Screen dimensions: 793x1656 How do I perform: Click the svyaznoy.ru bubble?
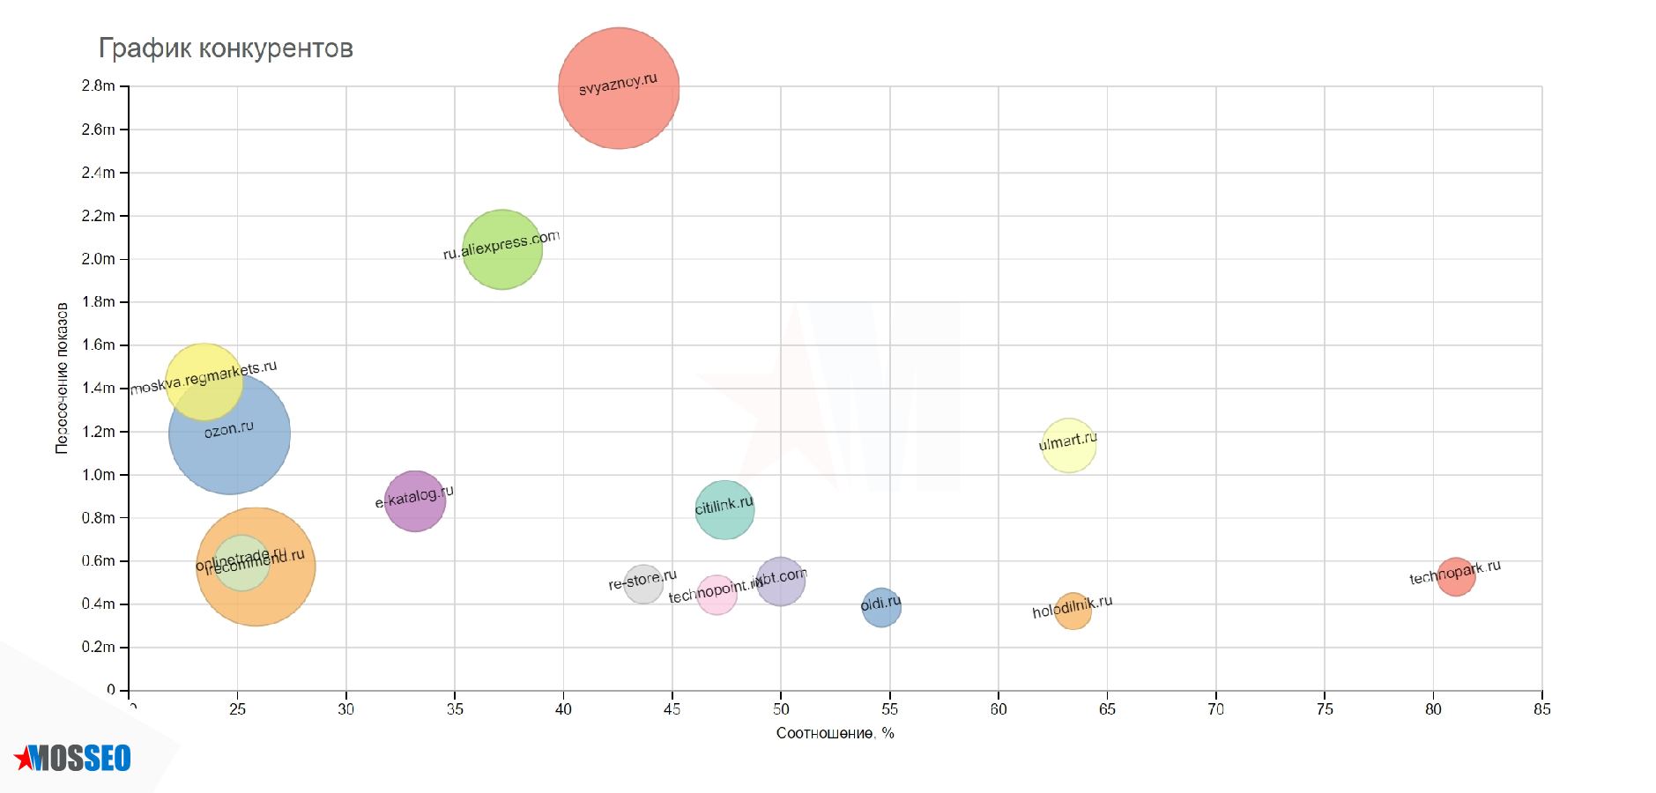[619, 88]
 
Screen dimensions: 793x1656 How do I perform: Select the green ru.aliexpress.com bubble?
[501, 249]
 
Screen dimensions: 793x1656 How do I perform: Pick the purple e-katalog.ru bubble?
[414, 501]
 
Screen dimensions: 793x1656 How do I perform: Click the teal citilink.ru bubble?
[724, 509]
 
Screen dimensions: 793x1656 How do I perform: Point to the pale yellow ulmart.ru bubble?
[1068, 446]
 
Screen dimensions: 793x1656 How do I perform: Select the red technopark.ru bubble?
[1455, 577]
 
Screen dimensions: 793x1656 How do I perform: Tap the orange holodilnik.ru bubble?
[1073, 611]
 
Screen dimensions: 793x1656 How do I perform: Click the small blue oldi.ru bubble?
[881, 608]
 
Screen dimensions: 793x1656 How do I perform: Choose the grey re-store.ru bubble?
[643, 584]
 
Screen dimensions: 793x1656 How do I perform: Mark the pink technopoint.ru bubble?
[717, 596]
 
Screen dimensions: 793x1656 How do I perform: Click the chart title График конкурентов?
[226, 48]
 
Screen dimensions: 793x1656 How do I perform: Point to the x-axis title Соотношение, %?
[835, 733]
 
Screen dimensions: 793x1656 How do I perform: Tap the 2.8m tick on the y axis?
[98, 86]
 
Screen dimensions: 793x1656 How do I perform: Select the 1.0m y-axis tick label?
[98, 475]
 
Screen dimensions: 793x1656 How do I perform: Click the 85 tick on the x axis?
[1541, 709]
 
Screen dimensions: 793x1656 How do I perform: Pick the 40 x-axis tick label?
[563, 709]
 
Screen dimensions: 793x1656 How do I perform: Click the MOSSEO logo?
[74, 758]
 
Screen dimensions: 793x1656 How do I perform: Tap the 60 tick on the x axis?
[999, 709]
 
